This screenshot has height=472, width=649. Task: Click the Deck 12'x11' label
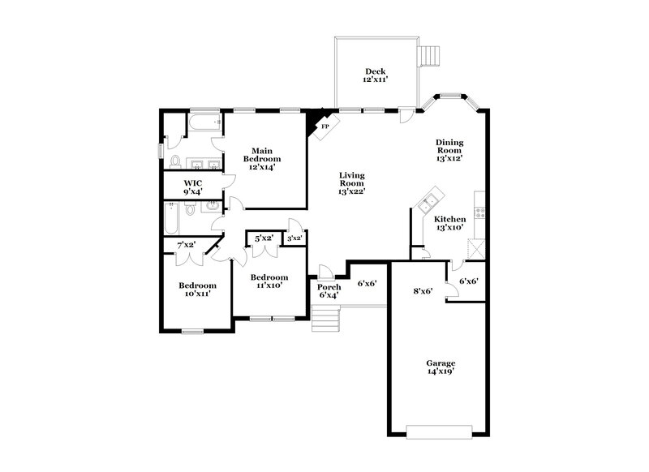[375, 76]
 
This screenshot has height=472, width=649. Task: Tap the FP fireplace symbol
[325, 127]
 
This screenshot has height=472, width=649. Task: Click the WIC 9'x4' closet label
[193, 187]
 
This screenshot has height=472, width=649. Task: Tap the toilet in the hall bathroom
[191, 210]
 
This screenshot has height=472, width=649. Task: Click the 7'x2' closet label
[187, 245]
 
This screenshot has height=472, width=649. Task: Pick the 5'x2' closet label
[264, 238]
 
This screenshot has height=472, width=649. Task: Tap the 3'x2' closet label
[294, 238]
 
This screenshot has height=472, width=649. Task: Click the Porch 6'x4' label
[329, 291]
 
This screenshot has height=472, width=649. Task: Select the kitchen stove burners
[480, 212]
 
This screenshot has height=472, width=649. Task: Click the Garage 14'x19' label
[441, 367]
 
